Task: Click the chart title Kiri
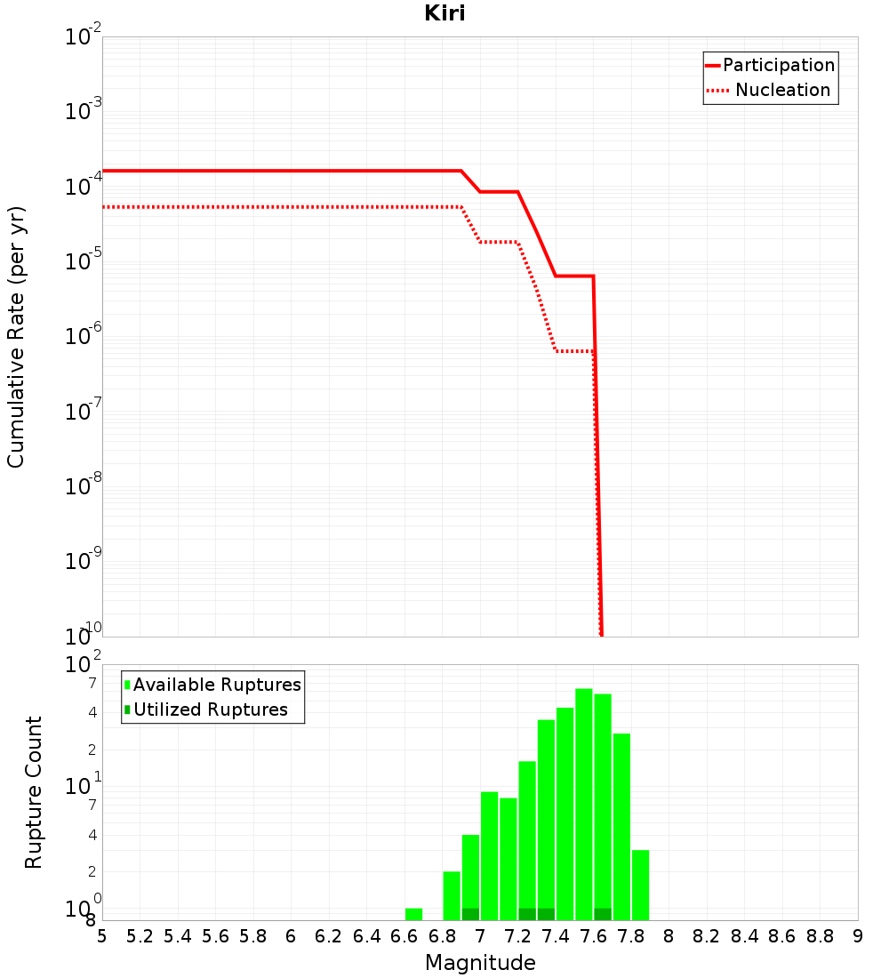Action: pos(444,13)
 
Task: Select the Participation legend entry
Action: pos(771,65)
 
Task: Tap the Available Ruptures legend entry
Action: pos(212,685)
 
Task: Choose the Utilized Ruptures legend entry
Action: pos(206,709)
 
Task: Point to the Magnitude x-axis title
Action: pos(480,963)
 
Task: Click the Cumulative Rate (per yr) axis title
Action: pos(16,338)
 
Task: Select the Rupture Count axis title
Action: pos(33,792)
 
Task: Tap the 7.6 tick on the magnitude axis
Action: pos(593,937)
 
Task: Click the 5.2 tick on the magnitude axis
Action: pos(140,937)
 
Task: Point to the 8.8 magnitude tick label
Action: pos(820,937)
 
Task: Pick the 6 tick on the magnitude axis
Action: pos(291,937)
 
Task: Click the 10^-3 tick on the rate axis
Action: pos(83,109)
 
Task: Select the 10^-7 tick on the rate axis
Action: pos(83,410)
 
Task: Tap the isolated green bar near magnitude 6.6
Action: pos(413,914)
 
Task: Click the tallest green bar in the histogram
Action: pos(584,805)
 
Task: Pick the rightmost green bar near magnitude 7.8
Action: pos(640,885)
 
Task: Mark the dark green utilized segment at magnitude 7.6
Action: pos(603,914)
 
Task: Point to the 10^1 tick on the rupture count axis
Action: pos(83,786)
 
